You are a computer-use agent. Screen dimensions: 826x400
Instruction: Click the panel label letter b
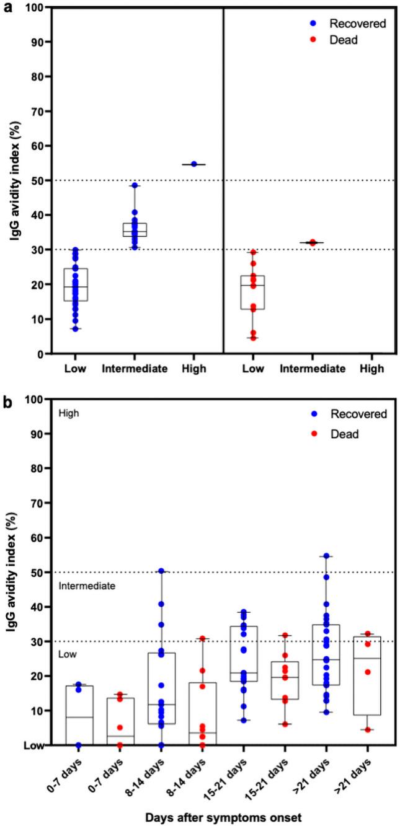tap(6, 401)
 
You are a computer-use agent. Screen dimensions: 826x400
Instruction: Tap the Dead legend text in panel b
tap(345, 434)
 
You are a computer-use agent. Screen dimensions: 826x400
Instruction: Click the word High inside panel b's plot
tap(68, 413)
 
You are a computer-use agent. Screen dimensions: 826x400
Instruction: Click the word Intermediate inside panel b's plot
tap(86, 586)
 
